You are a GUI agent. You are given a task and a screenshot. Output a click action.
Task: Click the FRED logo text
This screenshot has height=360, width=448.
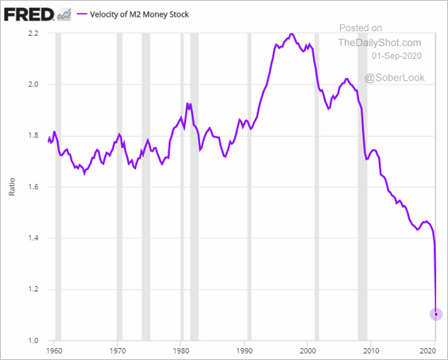29,14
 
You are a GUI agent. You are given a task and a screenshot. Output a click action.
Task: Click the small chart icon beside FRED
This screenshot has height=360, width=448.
64,14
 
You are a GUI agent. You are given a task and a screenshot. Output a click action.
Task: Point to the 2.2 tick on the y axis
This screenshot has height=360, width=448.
33,33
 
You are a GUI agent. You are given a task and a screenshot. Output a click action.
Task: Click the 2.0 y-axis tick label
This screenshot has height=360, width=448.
33,84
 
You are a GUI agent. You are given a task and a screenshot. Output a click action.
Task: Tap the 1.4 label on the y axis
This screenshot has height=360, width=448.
33,238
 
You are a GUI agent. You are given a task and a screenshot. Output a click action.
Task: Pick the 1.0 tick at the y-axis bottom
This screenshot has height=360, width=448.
33,340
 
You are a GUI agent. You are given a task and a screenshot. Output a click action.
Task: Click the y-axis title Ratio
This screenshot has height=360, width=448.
12,187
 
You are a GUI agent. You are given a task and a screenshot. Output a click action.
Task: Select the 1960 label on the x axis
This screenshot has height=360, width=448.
54,350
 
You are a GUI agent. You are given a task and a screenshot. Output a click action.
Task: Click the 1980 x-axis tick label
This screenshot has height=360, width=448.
180,350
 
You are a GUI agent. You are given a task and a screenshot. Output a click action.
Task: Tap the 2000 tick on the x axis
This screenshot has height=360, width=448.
307,350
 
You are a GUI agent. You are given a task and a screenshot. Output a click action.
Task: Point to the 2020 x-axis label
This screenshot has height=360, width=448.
428,350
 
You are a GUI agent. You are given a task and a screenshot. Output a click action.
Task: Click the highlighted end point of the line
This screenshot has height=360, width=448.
436,314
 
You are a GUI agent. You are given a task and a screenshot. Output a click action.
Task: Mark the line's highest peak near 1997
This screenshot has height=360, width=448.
292,33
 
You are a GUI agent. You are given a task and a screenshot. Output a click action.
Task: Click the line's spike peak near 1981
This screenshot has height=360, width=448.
187,103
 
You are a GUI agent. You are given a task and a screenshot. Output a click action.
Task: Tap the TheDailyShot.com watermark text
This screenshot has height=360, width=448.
380,43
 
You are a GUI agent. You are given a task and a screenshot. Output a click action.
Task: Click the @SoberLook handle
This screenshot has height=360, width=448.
395,78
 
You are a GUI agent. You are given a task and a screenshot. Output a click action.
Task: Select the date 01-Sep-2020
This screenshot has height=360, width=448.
396,56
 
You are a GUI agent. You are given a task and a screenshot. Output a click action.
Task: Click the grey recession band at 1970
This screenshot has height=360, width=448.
119,187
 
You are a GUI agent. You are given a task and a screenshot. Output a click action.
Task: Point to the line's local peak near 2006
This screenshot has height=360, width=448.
346,79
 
